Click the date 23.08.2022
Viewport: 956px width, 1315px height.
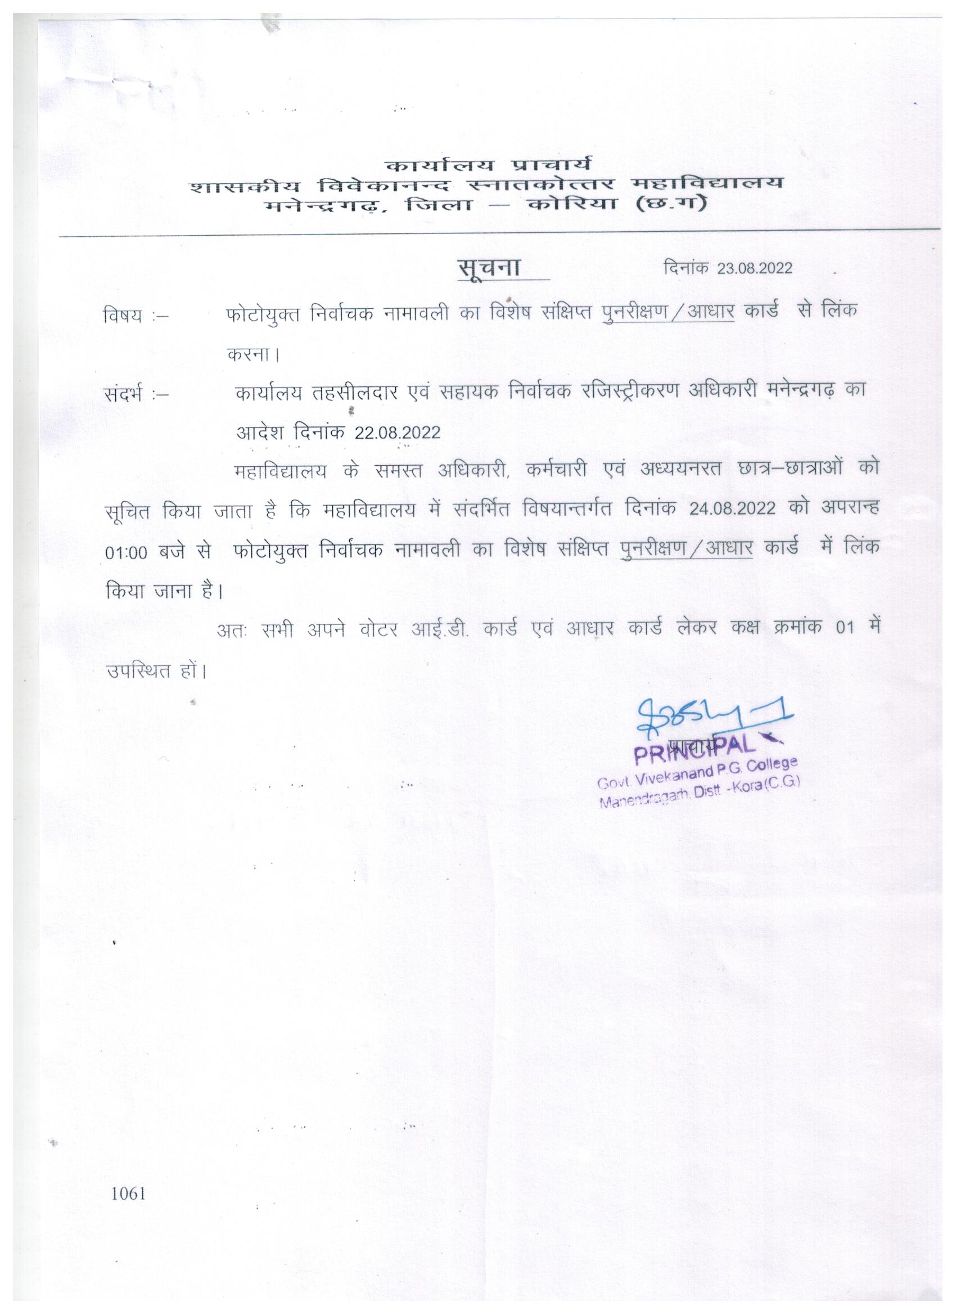click(x=754, y=268)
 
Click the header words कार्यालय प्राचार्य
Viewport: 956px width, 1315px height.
click(x=488, y=165)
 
